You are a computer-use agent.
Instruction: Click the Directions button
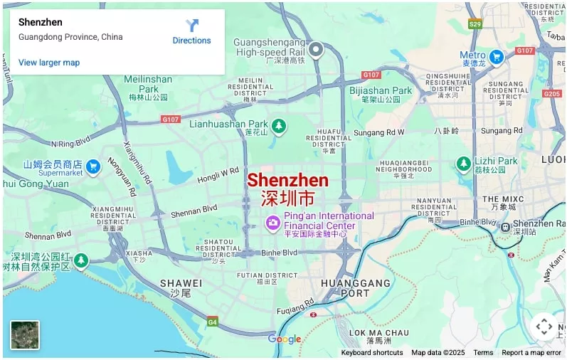coord(191,32)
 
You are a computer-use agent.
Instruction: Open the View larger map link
coord(49,63)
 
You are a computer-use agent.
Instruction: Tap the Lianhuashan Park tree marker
coord(279,126)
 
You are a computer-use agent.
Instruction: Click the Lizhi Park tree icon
coord(463,164)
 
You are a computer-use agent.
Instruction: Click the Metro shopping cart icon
coord(497,57)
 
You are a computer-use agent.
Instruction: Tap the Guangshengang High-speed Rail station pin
coord(315,50)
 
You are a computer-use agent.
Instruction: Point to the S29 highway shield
coord(475,24)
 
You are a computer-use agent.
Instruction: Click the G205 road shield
coord(552,93)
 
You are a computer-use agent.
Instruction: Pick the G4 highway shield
coord(212,322)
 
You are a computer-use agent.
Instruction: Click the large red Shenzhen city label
coord(287,181)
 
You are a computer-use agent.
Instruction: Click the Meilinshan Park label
coord(148,84)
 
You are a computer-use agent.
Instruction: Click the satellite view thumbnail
coord(25,335)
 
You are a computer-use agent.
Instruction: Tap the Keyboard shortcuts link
coord(371,353)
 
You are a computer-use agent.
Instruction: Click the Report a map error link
coord(531,353)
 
